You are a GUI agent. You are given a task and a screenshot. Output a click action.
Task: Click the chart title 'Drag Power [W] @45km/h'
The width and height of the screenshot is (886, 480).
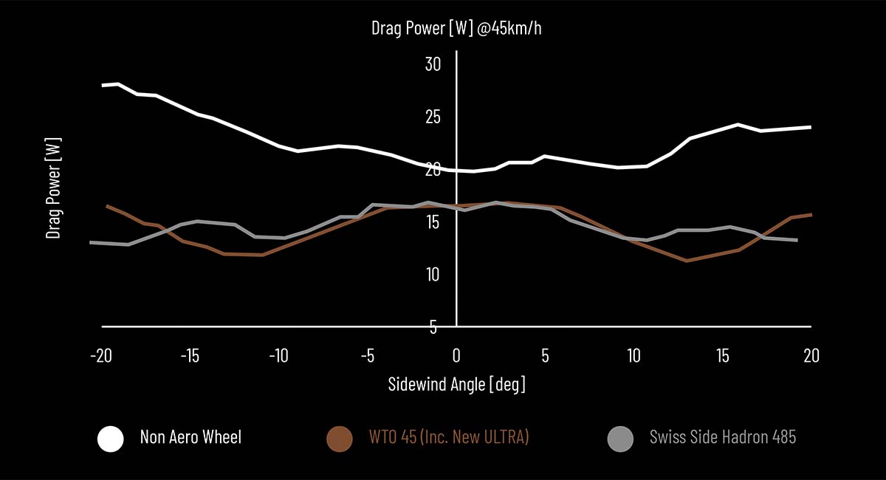tap(456, 28)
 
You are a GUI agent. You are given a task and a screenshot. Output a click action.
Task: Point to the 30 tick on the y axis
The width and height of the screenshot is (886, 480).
tap(433, 64)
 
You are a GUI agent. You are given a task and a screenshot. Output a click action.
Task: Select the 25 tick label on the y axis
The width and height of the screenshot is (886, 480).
tap(433, 117)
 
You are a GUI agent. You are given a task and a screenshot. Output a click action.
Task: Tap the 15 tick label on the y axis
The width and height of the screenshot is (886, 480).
tap(433, 222)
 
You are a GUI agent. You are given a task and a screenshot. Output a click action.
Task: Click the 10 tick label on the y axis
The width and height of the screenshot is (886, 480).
tap(433, 275)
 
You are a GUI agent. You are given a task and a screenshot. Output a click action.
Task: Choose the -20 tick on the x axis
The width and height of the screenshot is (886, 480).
tap(101, 356)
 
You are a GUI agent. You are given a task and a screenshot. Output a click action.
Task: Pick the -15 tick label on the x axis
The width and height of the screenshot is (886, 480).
tap(190, 356)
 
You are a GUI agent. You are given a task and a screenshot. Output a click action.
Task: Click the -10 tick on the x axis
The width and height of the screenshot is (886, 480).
tap(279, 356)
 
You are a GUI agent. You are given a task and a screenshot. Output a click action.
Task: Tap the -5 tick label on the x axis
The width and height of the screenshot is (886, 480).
tap(368, 356)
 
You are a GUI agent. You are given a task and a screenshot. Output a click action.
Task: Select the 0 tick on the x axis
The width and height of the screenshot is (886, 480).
tap(456, 356)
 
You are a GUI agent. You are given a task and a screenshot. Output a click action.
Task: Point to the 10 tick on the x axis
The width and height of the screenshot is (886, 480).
tap(633, 356)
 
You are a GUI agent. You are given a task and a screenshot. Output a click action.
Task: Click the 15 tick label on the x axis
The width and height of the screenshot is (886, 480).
tap(723, 356)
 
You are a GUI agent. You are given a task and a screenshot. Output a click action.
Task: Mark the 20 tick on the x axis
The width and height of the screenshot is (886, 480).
tap(811, 356)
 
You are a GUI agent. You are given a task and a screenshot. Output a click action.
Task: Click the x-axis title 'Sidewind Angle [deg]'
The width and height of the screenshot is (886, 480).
tap(456, 384)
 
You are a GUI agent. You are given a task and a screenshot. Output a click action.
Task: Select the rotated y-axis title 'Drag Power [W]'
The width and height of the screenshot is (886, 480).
tap(53, 188)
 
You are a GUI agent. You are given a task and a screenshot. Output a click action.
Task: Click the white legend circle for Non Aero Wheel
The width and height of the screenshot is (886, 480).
tap(110, 439)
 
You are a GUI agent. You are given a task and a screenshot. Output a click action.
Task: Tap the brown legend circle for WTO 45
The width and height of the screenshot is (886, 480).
tap(340, 439)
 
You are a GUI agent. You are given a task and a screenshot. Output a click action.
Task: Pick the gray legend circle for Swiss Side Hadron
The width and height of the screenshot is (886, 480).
tap(620, 439)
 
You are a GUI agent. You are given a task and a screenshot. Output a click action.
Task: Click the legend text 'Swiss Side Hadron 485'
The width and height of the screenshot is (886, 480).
tap(723, 437)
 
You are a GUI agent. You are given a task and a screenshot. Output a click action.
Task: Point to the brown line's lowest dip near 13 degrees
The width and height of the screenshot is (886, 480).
tap(687, 261)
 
